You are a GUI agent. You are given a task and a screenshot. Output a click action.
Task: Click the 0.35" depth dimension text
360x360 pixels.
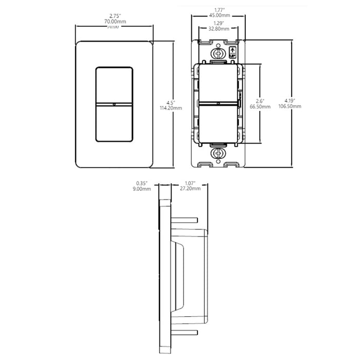(142, 183)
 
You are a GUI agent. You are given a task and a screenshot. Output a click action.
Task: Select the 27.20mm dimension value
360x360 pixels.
(191, 189)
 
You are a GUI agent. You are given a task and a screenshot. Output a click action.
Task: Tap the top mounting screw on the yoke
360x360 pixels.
(218, 53)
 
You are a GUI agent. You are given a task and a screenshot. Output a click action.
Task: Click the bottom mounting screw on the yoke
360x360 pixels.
(218, 154)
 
